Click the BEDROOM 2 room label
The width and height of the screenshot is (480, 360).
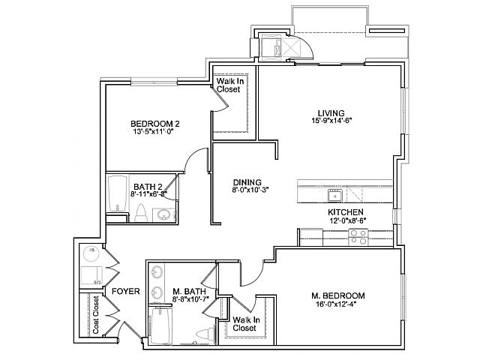(x=155, y=124)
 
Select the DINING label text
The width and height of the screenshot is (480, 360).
(x=247, y=181)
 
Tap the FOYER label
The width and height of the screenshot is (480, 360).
(x=125, y=291)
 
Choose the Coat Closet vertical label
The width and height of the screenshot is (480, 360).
(x=96, y=314)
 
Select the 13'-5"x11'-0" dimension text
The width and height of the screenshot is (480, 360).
(x=155, y=133)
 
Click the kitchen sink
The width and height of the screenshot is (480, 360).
(x=334, y=196)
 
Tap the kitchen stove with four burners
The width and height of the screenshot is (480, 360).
(x=358, y=237)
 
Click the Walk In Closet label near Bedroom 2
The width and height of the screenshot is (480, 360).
(x=228, y=85)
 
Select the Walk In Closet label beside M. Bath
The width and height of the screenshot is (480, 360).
(x=244, y=324)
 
